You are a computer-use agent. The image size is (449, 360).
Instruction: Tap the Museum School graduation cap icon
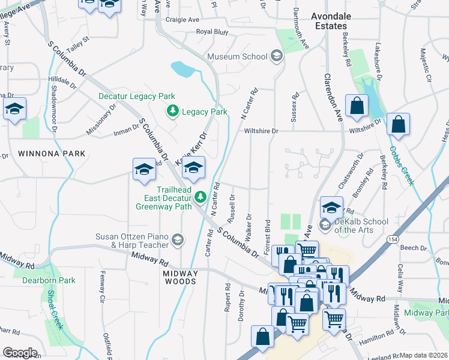pos(276,56)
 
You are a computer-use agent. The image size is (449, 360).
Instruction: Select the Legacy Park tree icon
pos(173,112)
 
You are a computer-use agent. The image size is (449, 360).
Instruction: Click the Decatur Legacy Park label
pos(136,96)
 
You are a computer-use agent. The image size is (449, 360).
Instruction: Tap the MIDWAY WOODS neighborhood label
pos(180,277)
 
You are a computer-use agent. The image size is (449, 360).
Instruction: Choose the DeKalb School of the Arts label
pos(361,226)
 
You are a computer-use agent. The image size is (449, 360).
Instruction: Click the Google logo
pos(20,353)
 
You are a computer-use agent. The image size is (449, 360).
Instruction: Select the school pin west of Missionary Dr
pos(15,109)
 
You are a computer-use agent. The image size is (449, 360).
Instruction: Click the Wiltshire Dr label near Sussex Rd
pos(261,131)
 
